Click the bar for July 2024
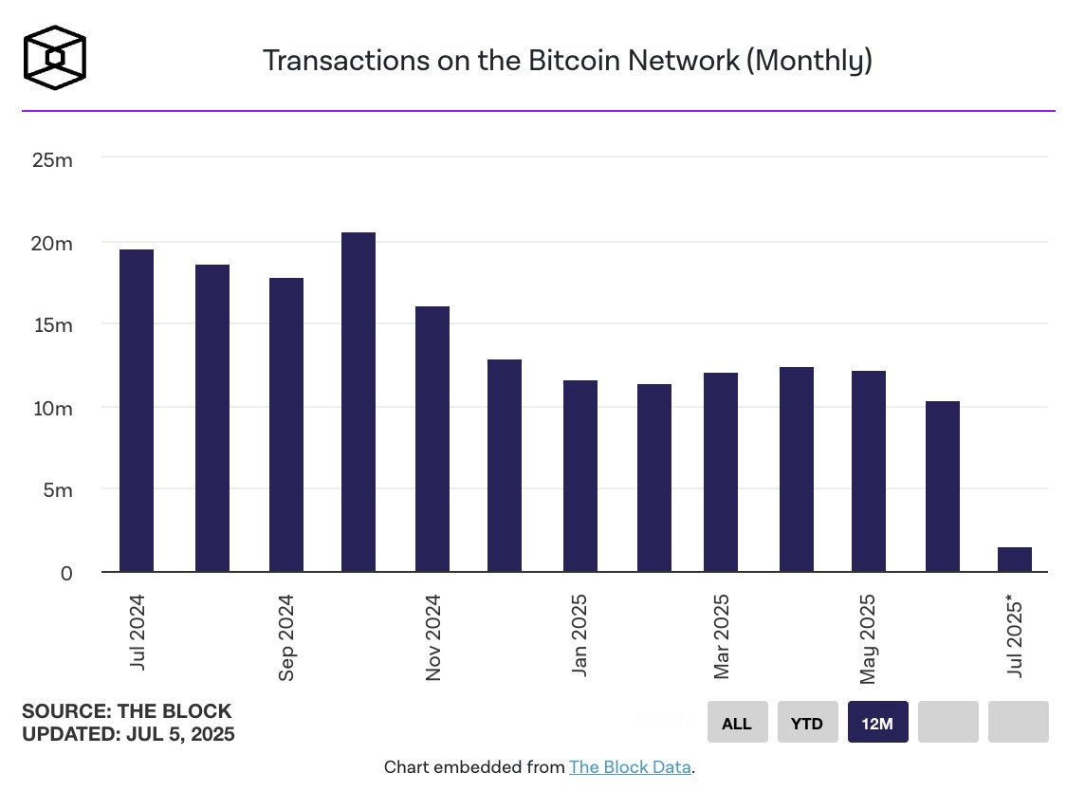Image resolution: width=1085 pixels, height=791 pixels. (137, 411)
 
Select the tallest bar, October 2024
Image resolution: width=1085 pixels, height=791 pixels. (359, 402)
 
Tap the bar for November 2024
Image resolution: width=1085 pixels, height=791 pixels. (432, 439)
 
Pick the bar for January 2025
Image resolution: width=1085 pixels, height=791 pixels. (580, 476)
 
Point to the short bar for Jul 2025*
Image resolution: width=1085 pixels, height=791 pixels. (1015, 560)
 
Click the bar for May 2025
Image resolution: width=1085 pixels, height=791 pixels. (869, 471)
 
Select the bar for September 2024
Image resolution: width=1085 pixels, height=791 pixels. (286, 425)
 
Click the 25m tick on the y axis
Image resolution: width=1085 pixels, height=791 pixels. (52, 159)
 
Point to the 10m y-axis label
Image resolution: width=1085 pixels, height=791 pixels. (52, 408)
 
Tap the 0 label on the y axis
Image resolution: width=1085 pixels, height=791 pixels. (65, 573)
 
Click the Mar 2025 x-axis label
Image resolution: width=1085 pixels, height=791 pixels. (722, 637)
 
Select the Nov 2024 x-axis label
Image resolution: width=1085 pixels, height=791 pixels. (433, 637)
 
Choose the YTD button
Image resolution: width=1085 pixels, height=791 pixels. (808, 723)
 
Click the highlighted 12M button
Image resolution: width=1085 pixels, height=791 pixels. (878, 723)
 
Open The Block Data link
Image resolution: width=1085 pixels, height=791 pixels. (630, 767)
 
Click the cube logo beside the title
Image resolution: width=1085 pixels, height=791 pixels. (55, 59)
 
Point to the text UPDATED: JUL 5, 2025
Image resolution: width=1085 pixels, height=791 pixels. (128, 734)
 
